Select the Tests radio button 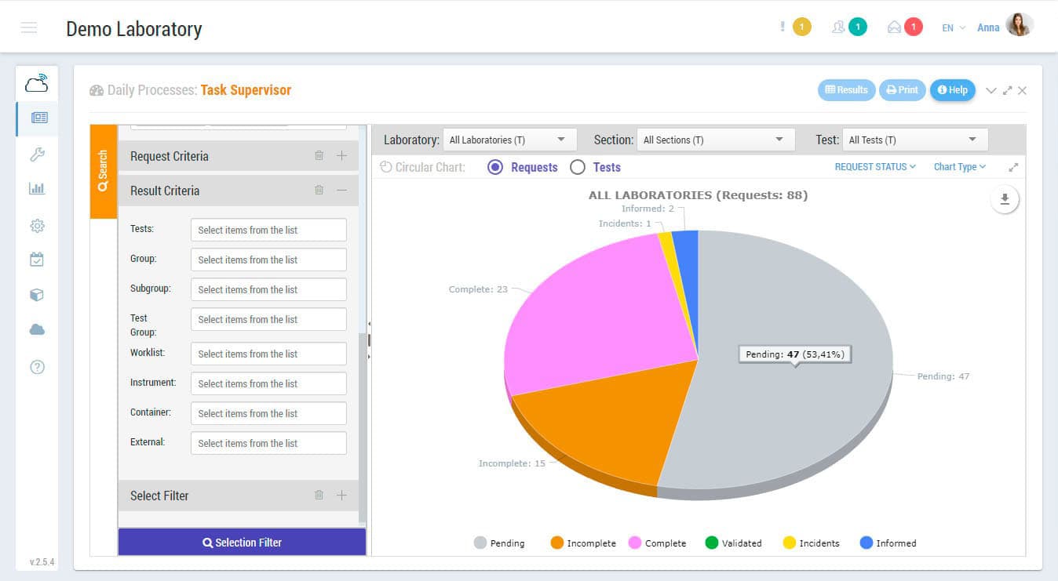[x=578, y=167]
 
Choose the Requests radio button [x=495, y=167]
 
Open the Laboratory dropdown [x=509, y=140]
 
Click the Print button [x=902, y=90]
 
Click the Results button [x=846, y=90]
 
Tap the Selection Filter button [x=242, y=542]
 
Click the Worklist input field [x=268, y=354]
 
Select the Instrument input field [x=268, y=383]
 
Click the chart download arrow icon [x=1005, y=199]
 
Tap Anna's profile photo [x=1019, y=25]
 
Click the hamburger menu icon [x=29, y=28]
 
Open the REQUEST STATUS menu [x=874, y=167]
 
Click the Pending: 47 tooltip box [x=794, y=354]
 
